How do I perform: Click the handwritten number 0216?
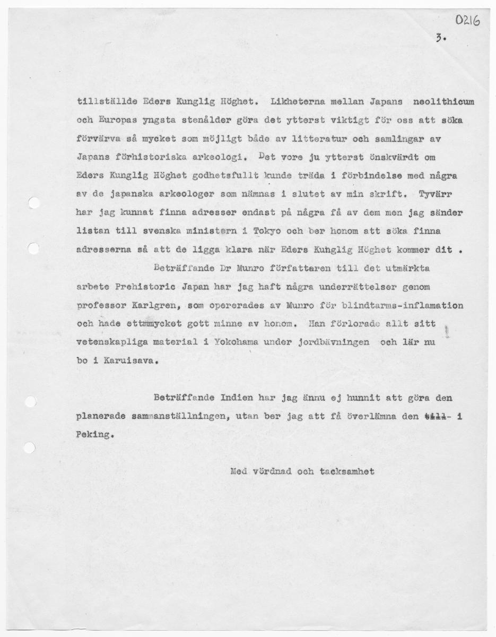[467, 21]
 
